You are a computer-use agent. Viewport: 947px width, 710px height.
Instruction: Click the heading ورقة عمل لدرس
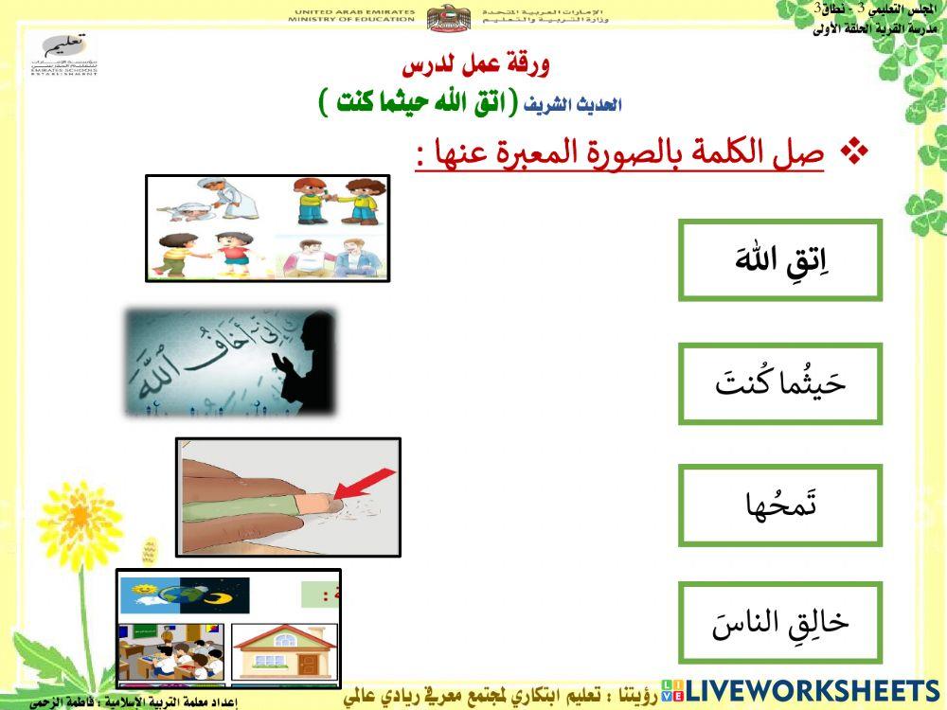(x=475, y=66)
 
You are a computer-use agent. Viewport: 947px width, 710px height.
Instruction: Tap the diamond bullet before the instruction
(x=855, y=152)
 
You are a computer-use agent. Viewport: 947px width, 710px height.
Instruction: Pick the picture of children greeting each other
(x=267, y=228)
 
